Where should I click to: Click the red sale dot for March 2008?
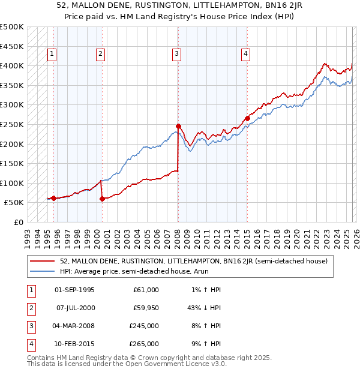coord(178,126)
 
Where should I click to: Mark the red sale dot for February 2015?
coord(247,118)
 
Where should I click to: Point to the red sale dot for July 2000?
coord(102,199)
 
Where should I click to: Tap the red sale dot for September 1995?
coord(53,198)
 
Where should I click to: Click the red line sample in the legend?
coord(43,262)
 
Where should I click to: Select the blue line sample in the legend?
coord(43,271)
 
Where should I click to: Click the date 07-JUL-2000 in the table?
coord(74,308)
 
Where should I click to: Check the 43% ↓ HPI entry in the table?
coord(203,308)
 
